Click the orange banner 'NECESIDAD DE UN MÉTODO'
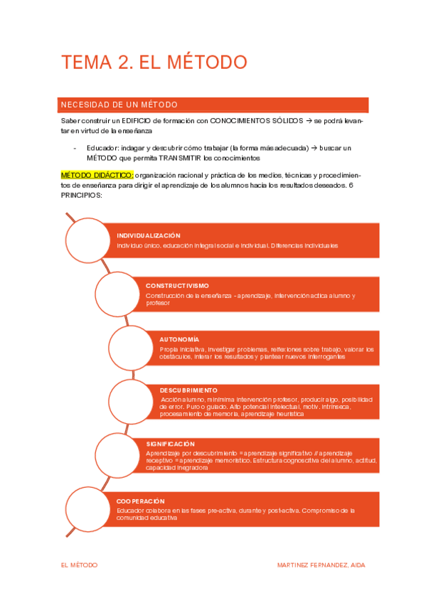pos(119,105)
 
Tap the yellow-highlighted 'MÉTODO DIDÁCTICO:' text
pos(97,175)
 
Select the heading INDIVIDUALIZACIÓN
pos(149,235)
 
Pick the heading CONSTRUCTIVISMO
pos(177,285)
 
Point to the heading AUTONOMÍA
pos(179,339)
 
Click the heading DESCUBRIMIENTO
pos(188,390)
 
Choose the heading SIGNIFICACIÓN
pos(170,444)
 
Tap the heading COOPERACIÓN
pos(141,501)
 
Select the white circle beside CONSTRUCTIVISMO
pos(120,292)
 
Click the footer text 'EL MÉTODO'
pos(80,565)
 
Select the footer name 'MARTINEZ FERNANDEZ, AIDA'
pos(321,565)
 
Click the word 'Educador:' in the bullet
pos(102,148)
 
